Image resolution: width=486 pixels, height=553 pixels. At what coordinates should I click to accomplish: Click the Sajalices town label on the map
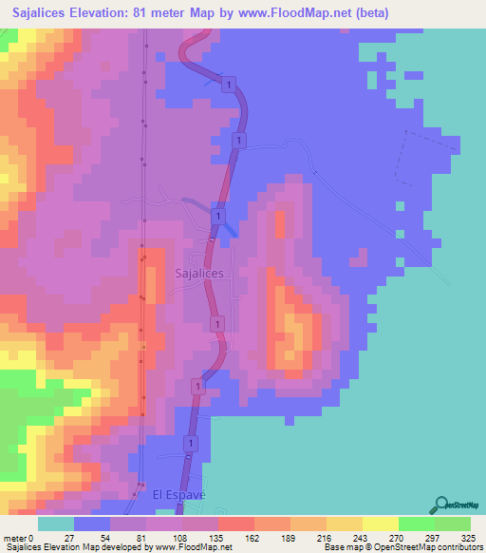pyautogui.click(x=200, y=273)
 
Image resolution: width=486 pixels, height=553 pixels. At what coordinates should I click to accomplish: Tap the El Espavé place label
pyautogui.click(x=179, y=495)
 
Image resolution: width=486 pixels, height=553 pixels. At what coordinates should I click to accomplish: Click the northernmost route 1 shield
pyautogui.click(x=229, y=86)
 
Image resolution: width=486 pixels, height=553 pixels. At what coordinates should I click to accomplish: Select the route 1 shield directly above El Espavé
pyautogui.click(x=191, y=444)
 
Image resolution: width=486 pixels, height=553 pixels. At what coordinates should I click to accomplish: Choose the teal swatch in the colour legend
pyautogui.click(x=56, y=524)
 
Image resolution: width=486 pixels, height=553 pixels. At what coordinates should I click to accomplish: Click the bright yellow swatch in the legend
pyautogui.click(x=381, y=524)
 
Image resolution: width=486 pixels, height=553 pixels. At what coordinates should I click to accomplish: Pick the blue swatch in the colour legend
pyautogui.click(x=92, y=524)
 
